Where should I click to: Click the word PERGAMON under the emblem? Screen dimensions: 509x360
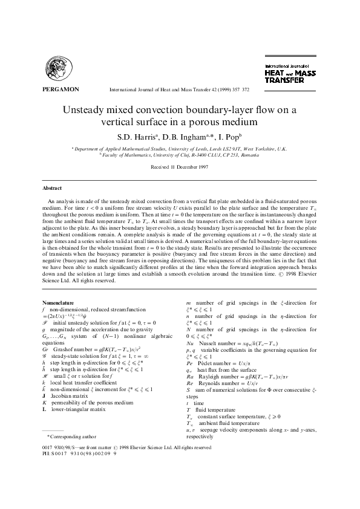pyautogui.click(x=61, y=89)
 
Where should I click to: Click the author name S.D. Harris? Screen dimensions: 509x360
pyautogui.click(x=137, y=135)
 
